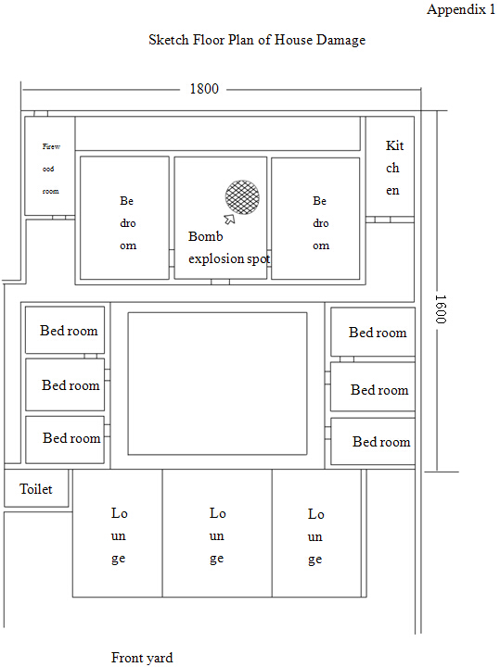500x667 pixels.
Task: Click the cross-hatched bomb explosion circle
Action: (x=242, y=197)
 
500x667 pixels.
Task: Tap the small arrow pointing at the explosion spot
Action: (x=229, y=219)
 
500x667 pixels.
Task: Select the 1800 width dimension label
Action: (x=204, y=89)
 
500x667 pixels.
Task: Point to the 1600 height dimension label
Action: (x=441, y=309)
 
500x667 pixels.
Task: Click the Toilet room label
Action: (x=36, y=489)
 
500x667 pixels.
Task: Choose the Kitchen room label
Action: (x=393, y=168)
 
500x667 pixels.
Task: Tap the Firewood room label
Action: (x=51, y=169)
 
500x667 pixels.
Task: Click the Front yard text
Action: (x=142, y=658)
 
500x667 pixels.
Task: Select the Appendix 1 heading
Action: (x=461, y=9)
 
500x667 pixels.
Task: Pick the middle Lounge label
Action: (x=217, y=536)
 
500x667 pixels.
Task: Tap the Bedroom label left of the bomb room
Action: (x=127, y=223)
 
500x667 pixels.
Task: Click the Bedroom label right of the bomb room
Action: (x=320, y=223)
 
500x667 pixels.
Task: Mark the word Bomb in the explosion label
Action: (x=205, y=236)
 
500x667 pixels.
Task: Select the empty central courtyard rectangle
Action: (x=217, y=384)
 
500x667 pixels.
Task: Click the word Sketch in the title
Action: (x=169, y=40)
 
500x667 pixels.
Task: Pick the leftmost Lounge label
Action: (x=119, y=536)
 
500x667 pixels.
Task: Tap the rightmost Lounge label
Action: (x=315, y=536)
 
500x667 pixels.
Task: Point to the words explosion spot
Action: (x=229, y=258)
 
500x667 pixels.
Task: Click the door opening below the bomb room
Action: (x=220, y=282)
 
